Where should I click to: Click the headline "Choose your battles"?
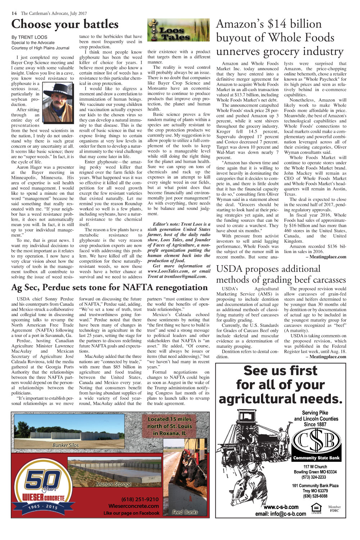point(65,24)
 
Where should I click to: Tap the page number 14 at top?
point(14,13)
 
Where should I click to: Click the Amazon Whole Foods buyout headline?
point(280,37)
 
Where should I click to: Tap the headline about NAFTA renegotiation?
point(109,287)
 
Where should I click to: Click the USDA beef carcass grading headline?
point(281,274)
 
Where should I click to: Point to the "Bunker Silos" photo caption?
point(66,445)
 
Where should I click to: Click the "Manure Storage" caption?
point(114,484)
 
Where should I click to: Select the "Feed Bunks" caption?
point(185,512)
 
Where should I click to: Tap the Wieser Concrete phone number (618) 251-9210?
point(140,499)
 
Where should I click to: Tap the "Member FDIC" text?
point(334,509)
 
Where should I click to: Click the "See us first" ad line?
point(280,371)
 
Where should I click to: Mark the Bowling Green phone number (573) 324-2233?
point(314,477)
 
